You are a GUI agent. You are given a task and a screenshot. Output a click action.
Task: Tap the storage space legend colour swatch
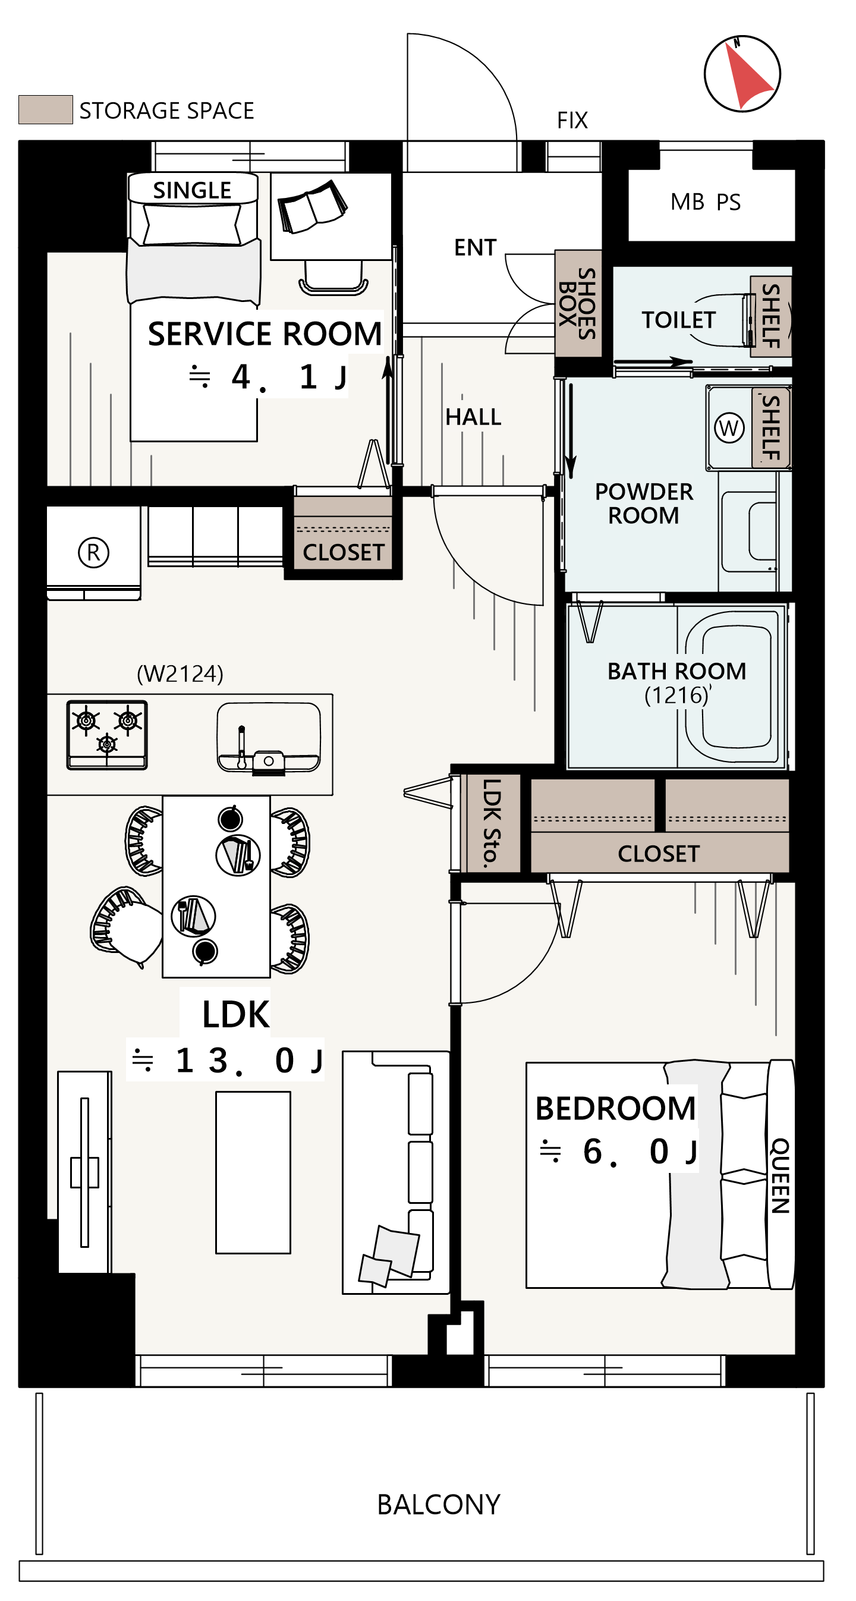coord(45,109)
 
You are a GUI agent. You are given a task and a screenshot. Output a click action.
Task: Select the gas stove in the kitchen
coord(107,735)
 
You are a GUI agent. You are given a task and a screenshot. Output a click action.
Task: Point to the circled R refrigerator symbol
coord(93,552)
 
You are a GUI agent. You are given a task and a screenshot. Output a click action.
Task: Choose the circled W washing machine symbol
coord(729,427)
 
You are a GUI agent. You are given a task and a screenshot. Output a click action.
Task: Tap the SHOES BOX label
coord(578,303)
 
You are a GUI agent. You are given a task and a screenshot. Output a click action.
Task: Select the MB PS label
coord(706,202)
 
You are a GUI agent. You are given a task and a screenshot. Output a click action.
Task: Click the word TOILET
coord(678,320)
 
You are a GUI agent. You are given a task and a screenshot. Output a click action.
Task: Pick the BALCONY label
coord(438,1505)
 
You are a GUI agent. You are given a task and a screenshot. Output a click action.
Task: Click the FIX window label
coord(572,120)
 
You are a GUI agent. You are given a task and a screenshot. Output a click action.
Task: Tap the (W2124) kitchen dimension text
coord(180,673)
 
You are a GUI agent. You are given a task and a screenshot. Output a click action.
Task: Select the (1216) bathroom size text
coord(677,695)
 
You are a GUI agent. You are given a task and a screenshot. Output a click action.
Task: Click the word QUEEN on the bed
coord(780,1175)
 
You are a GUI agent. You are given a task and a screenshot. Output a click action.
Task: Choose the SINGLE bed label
coord(192,190)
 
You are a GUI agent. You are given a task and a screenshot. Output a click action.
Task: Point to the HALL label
coord(473,417)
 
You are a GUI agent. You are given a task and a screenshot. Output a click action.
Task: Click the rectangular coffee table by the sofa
coord(253,1172)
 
